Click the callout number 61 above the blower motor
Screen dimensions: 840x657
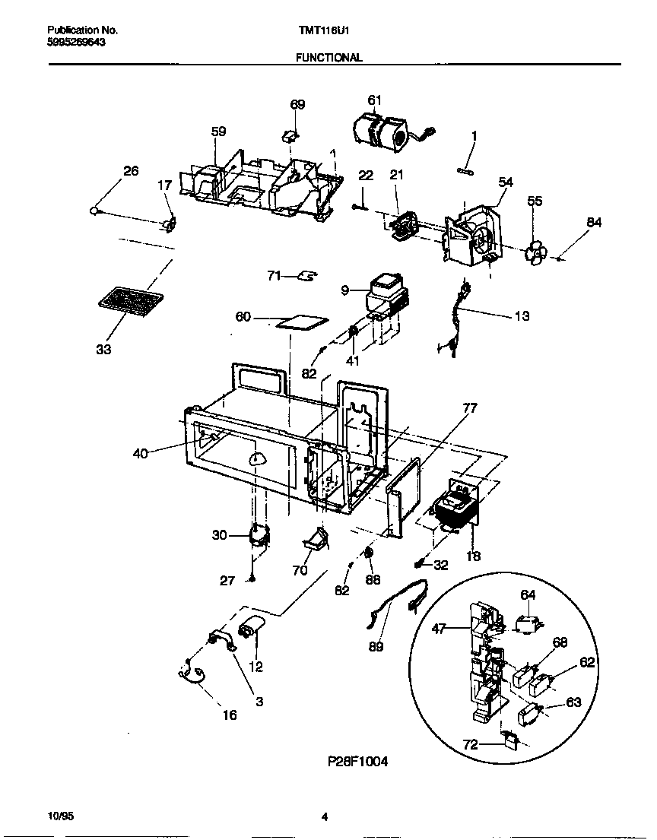[374, 100]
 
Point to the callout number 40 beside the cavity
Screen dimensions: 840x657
[141, 454]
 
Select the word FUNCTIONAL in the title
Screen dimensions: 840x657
[328, 57]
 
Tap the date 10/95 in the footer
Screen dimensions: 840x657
[59, 816]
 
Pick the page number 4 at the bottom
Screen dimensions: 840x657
[324, 817]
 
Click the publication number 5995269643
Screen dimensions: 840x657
[76, 43]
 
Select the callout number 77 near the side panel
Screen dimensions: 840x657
[469, 408]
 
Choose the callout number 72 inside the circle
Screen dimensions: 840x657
[471, 744]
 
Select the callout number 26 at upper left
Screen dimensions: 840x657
[131, 171]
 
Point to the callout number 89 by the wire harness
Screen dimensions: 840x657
[376, 647]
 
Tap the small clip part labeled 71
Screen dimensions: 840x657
[308, 275]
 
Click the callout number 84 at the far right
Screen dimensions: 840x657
[594, 222]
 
